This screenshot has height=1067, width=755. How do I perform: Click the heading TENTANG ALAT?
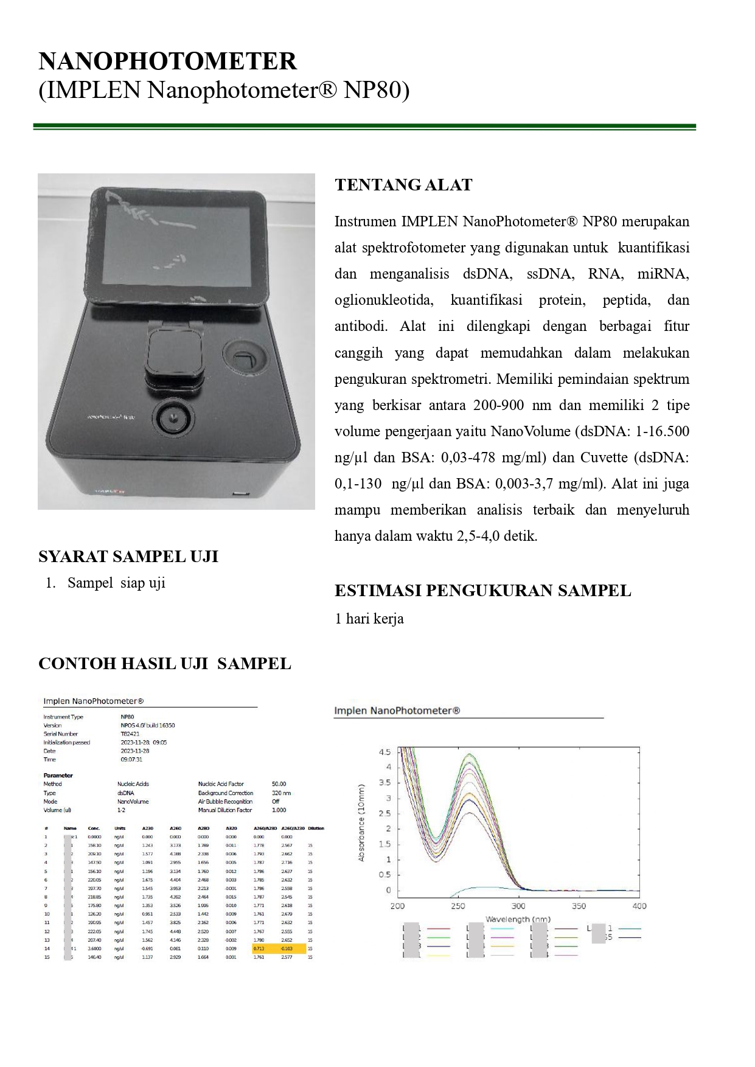coord(403,185)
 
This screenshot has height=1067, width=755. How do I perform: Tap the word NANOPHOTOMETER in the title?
coord(168,61)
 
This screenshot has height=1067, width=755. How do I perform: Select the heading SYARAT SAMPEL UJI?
coord(128,557)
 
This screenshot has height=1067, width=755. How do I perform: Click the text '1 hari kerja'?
coord(369,619)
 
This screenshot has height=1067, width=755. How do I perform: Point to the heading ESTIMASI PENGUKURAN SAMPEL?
coord(483,591)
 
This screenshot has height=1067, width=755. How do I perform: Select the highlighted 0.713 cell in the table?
coord(259,948)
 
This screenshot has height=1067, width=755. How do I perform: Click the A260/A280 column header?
coord(265,829)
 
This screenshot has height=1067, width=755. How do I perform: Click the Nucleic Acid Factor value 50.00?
coord(279,784)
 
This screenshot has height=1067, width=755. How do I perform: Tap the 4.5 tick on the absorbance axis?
coord(385,752)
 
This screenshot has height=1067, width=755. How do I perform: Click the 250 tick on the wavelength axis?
coord(458,906)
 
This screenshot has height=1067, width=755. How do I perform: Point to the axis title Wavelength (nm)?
coord(518,919)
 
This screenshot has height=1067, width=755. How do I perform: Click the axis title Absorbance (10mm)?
coord(361,822)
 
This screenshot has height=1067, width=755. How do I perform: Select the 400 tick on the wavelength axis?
coord(639,906)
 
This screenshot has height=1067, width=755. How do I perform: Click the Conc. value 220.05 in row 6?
coord(94,880)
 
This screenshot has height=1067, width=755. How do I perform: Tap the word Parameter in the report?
coord(58,776)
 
